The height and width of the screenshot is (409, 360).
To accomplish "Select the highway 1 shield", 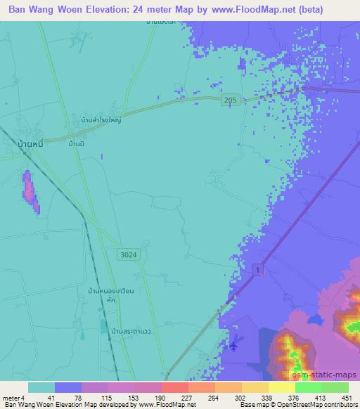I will pos(259,271).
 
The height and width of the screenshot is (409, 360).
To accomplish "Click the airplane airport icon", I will pos(233,345).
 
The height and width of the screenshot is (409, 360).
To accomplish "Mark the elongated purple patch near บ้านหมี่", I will pos(31,191).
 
